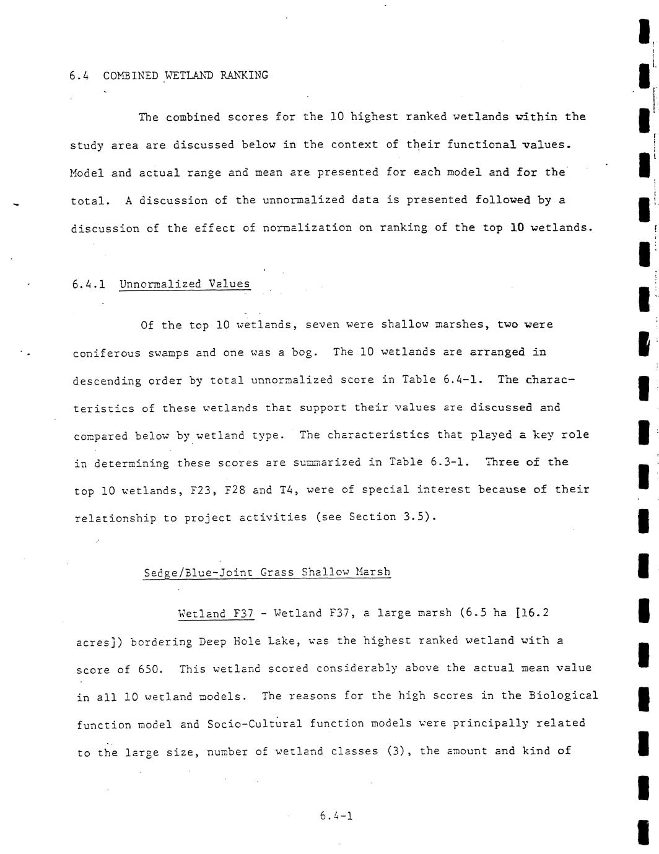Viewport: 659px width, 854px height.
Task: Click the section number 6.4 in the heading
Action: [79, 76]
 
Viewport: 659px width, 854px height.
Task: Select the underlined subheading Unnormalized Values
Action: [185, 284]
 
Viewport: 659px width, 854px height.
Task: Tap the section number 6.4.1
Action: [89, 284]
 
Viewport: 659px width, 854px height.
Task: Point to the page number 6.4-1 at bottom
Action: [336, 816]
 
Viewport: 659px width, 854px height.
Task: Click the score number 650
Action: [152, 669]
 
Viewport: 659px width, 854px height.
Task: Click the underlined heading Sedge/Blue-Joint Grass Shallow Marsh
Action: [267, 572]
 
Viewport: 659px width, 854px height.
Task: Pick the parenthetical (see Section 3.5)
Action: [376, 517]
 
